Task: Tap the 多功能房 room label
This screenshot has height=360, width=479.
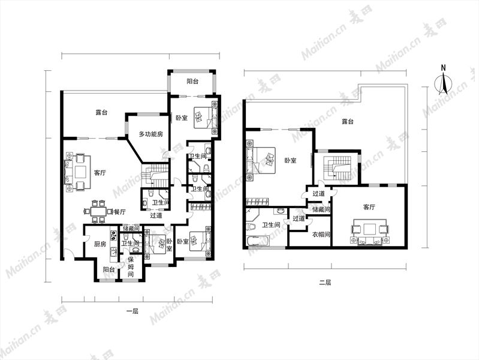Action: (151, 134)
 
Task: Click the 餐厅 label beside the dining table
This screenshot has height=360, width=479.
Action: (120, 212)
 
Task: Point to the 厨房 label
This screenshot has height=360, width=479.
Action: (100, 244)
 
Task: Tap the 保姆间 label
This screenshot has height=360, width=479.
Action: (131, 267)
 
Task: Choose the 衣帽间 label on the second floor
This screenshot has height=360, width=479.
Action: (321, 235)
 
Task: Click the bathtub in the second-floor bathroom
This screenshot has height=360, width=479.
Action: (258, 241)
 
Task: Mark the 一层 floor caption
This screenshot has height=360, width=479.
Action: (132, 311)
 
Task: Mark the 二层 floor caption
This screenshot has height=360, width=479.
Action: (325, 283)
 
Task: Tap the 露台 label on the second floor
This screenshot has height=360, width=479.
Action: (348, 121)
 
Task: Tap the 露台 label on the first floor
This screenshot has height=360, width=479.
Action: (101, 112)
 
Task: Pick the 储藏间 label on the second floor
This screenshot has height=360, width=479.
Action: (321, 209)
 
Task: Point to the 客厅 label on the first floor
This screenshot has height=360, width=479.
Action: (100, 173)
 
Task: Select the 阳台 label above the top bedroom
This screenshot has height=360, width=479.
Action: (192, 82)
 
